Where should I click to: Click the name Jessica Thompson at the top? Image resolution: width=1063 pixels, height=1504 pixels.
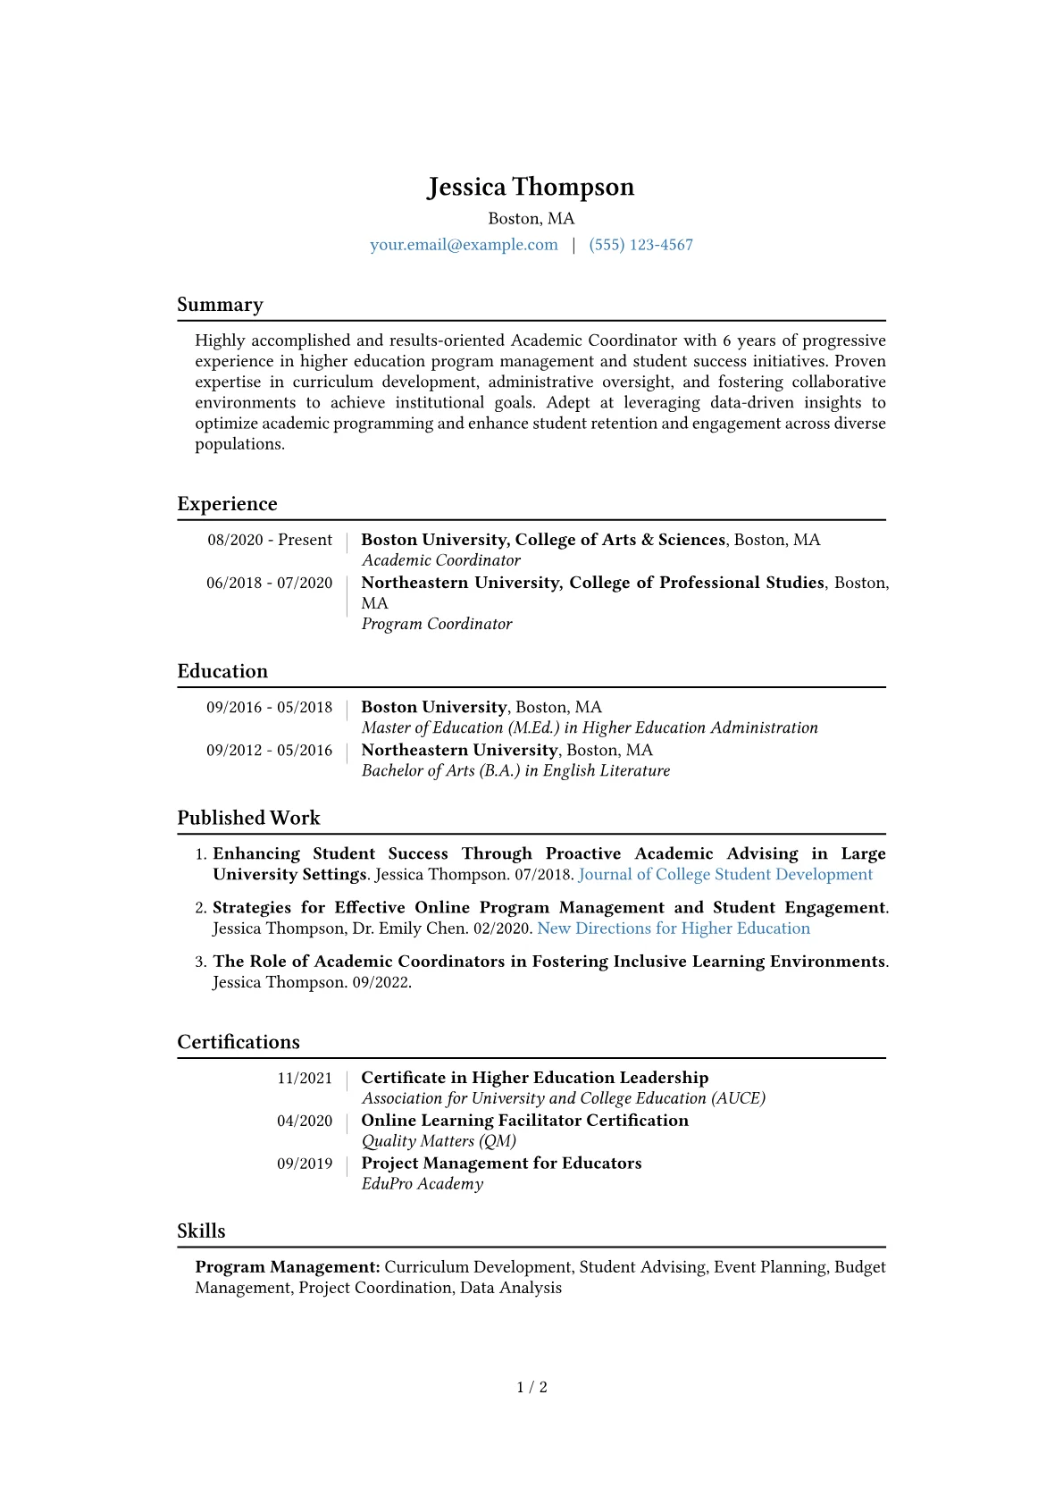pos(531,187)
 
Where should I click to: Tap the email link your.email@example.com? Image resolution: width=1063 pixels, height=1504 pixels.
pos(464,245)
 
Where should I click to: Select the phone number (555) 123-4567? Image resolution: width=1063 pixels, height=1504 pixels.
pos(640,245)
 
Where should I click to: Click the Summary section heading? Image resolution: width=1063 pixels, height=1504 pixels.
pos(220,305)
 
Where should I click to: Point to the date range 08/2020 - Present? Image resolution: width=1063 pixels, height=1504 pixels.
pos(270,540)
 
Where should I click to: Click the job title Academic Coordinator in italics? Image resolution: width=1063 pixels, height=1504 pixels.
pos(440,560)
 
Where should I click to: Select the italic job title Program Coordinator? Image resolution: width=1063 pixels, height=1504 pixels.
pos(436,624)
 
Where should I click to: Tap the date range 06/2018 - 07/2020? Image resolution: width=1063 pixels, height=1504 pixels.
pos(270,583)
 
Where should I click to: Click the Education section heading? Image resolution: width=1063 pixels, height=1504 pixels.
pos(222,671)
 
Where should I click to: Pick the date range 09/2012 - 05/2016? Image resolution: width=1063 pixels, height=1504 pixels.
pos(270,751)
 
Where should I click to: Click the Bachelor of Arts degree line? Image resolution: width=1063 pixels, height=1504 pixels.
pos(515,770)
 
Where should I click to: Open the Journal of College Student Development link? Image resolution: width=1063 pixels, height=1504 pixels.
pos(725,875)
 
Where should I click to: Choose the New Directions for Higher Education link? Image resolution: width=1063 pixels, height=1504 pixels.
pos(674,928)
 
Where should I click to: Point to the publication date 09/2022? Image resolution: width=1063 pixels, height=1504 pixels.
pos(381,982)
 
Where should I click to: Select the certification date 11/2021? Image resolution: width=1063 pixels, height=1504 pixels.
pos(305,1079)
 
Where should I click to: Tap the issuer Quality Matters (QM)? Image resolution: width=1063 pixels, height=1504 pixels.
pos(439,1141)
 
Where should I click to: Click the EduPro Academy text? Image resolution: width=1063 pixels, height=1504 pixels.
pos(422,1184)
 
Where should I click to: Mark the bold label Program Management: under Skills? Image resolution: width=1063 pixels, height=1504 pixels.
pos(288,1267)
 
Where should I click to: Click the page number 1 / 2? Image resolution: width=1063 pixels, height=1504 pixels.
pos(531,1388)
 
